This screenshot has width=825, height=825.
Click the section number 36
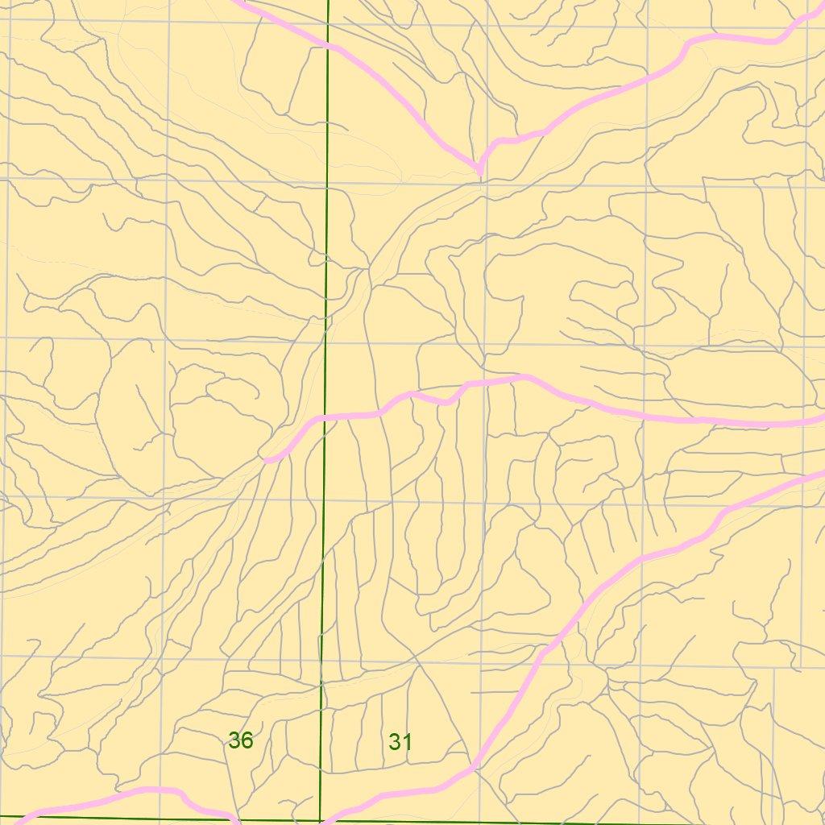tap(240, 740)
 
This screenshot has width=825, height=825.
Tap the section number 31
tap(400, 742)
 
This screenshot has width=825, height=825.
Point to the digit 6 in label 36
tap(247, 740)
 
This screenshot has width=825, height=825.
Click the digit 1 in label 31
tap(407, 742)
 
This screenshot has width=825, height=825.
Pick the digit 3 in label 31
tap(394, 742)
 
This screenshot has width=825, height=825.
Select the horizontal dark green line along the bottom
tap(564, 823)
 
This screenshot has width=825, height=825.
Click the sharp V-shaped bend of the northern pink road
tap(480, 169)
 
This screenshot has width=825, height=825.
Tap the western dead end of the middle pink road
tap(267, 460)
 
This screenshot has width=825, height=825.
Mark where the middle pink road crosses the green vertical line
tap(325, 418)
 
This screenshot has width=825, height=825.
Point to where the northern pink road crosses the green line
tap(328, 46)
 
